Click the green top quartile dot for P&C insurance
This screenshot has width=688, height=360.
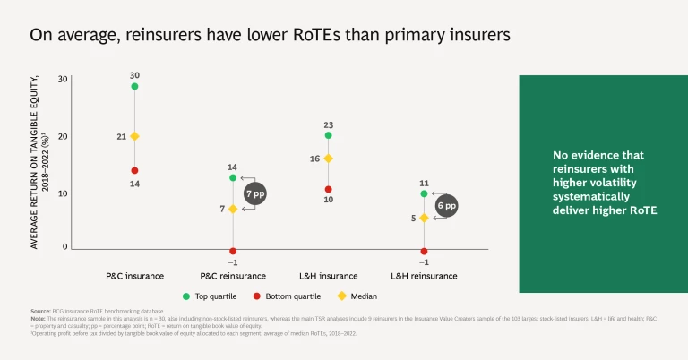(134, 86)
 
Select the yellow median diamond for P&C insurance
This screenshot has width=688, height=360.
(134, 136)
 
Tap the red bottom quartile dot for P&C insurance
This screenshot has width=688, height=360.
(134, 170)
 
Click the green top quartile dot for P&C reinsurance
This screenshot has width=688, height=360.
(233, 178)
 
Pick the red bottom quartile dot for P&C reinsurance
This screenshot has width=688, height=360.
(233, 251)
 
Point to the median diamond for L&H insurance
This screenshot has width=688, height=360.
(329, 159)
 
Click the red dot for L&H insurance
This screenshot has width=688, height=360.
(329, 189)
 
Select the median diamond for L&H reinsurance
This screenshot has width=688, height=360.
(424, 218)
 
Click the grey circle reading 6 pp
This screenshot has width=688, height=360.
(445, 205)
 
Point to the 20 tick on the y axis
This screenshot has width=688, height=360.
(63, 136)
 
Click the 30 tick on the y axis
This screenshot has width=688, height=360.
(63, 79)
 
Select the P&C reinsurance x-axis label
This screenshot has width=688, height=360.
(232, 276)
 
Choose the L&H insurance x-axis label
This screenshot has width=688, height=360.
(328, 276)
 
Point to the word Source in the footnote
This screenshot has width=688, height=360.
(40, 310)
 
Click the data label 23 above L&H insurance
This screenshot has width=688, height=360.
(329, 124)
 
